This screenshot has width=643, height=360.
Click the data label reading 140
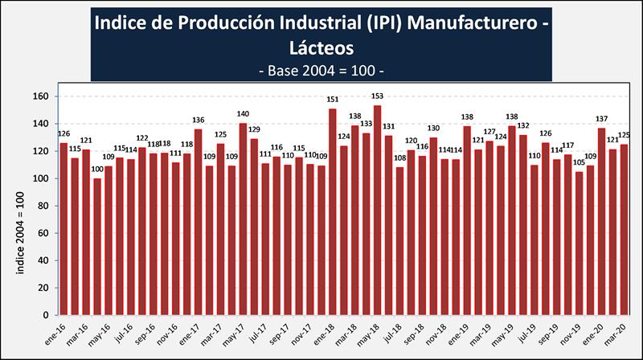pos(243,115)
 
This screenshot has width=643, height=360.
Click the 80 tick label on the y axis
pos(46,206)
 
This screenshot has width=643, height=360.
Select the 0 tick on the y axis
pos(49,315)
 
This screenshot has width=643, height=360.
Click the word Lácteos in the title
pos(321,48)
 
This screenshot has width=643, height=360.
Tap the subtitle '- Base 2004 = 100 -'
pos(321,71)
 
